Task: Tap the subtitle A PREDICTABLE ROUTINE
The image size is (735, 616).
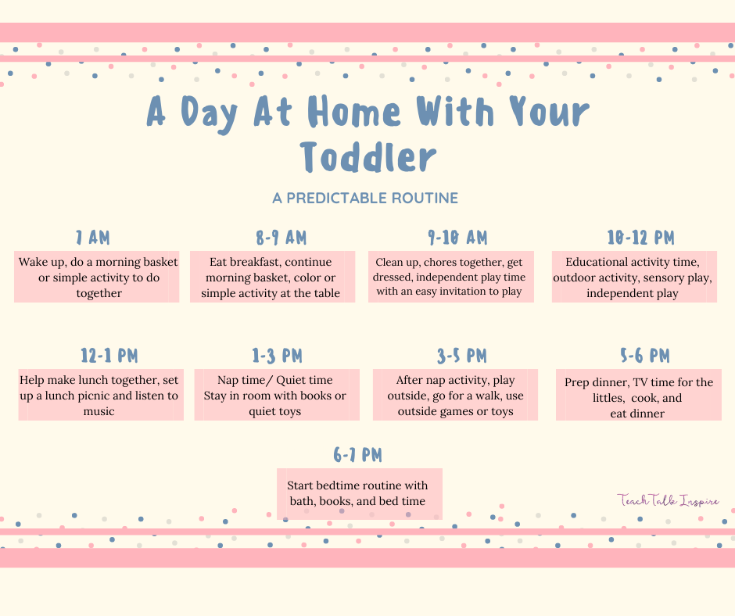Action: [365, 198]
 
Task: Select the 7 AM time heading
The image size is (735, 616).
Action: [93, 238]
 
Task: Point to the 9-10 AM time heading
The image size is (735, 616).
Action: [457, 238]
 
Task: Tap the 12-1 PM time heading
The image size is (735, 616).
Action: [109, 356]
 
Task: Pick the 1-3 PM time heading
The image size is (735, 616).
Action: [277, 356]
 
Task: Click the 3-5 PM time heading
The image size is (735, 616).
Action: [461, 356]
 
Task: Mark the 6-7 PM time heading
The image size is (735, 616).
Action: [357, 455]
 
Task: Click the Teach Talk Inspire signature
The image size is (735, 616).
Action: [668, 500]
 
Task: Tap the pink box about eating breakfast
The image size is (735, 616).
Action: [272, 277]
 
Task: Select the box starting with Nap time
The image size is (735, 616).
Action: [276, 395]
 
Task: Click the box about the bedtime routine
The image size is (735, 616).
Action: [359, 493]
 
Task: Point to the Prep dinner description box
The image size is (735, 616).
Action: [639, 397]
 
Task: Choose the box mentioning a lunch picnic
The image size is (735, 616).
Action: [101, 395]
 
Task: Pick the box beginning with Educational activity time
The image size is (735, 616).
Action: [635, 277]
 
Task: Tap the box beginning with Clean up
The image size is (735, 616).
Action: [451, 277]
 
